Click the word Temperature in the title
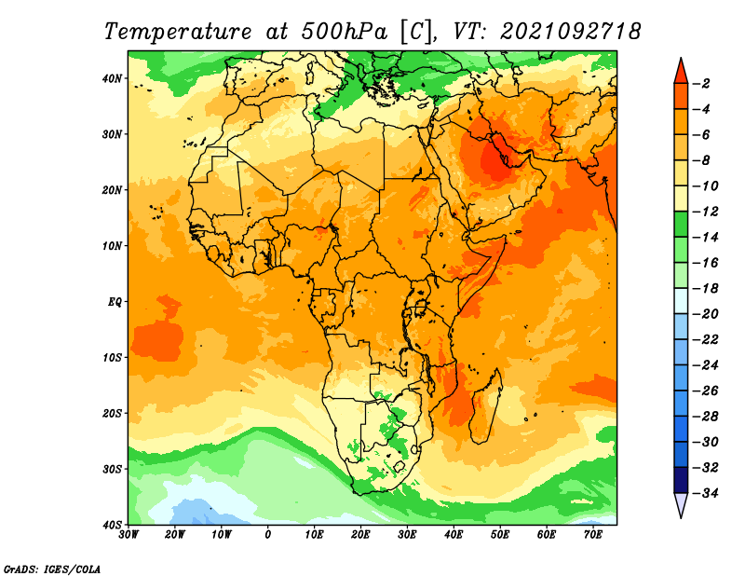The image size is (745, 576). [x=177, y=32]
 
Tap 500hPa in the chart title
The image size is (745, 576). [x=340, y=32]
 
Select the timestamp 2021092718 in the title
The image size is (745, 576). [x=570, y=32]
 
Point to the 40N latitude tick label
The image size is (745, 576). [x=113, y=78]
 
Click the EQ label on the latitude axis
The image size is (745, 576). [x=115, y=301]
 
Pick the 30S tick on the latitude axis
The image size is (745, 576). [x=113, y=469]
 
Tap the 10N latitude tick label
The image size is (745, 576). [x=113, y=246]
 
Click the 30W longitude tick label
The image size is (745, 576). [x=129, y=535]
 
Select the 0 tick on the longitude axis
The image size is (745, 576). [x=268, y=535]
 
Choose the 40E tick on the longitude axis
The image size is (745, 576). [x=454, y=535]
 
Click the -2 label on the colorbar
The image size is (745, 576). [x=704, y=84]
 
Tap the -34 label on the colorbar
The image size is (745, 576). [x=707, y=491]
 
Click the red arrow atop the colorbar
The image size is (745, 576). [x=681, y=70]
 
